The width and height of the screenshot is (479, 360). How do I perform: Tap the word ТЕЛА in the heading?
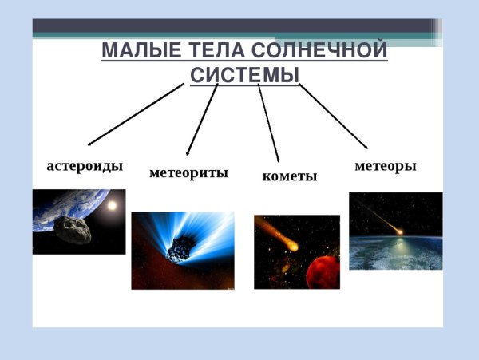(x=210, y=51)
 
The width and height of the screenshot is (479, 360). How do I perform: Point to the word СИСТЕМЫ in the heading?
(x=245, y=75)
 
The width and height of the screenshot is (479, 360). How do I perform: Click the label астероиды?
(x=85, y=166)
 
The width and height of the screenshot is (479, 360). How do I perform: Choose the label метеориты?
(x=188, y=172)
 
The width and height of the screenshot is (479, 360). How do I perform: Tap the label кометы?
(x=289, y=176)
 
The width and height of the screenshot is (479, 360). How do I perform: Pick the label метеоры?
(x=385, y=166)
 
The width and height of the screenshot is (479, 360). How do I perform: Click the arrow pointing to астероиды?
(x=136, y=114)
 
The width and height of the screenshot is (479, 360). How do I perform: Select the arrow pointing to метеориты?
(x=202, y=119)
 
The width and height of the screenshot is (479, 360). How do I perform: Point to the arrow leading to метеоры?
(x=334, y=116)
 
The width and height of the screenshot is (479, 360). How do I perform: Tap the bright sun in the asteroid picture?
(x=111, y=205)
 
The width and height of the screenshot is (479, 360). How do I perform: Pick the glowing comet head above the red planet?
(x=293, y=246)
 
